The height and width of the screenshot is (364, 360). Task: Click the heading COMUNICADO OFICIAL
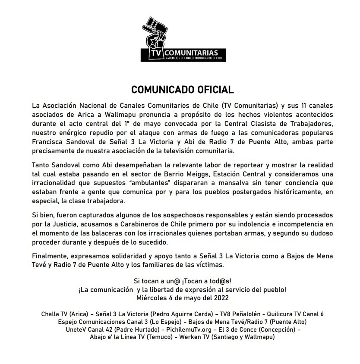[183, 90]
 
